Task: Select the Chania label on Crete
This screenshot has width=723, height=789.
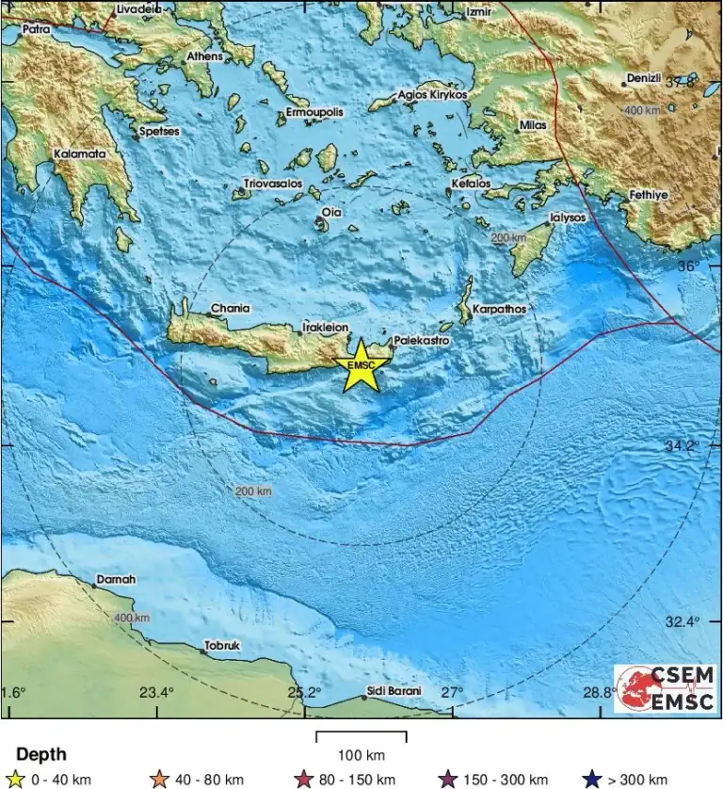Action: (230, 308)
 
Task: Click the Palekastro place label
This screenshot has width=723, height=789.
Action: (421, 340)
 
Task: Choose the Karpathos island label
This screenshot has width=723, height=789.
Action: (499, 309)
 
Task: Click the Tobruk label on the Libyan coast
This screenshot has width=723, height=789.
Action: (222, 646)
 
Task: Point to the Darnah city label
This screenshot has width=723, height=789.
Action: (116, 580)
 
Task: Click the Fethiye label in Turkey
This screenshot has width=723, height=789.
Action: (648, 195)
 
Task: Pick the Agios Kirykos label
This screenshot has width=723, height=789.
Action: (432, 95)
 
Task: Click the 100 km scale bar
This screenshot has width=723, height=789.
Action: (361, 736)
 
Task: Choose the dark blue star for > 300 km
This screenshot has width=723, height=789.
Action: (591, 779)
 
